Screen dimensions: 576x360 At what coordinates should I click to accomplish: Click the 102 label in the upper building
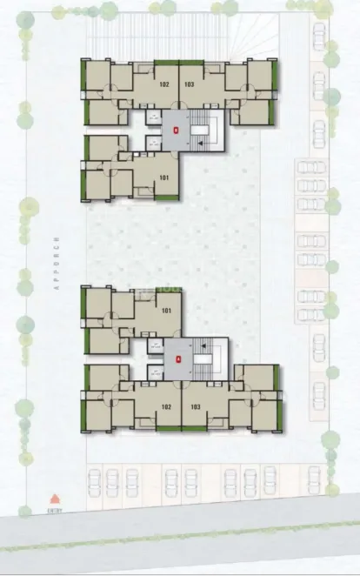click(x=164, y=85)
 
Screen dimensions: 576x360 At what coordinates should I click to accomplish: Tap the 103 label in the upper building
click(x=190, y=85)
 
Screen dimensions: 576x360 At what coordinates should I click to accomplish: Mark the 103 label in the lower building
click(x=195, y=406)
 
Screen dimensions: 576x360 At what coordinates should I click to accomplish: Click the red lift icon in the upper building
click(x=178, y=130)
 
